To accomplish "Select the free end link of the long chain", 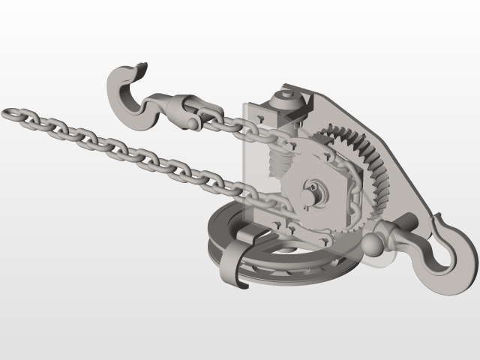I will pyautogui.click(x=12, y=114).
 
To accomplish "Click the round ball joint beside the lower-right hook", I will pyautogui.click(x=374, y=243).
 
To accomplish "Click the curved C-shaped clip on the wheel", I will pyautogui.click(x=238, y=259).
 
